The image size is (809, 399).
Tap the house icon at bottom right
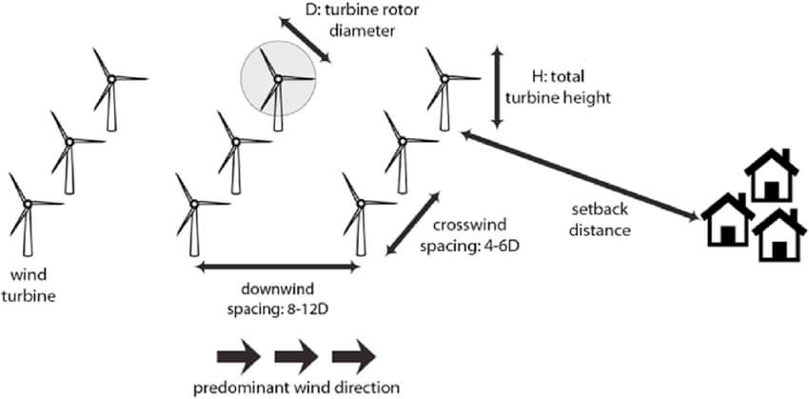779,234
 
